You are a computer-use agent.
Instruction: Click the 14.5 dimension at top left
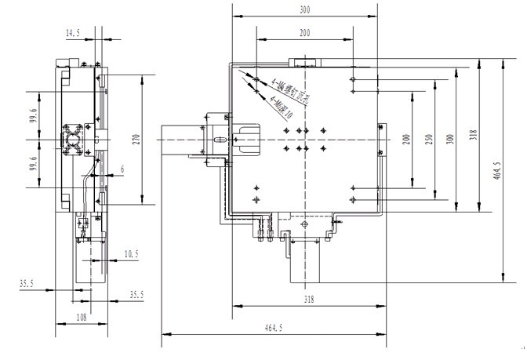74,33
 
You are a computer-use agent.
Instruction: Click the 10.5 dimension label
130,253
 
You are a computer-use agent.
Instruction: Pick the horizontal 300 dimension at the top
305,10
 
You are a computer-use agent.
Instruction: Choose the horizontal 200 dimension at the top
305,33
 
